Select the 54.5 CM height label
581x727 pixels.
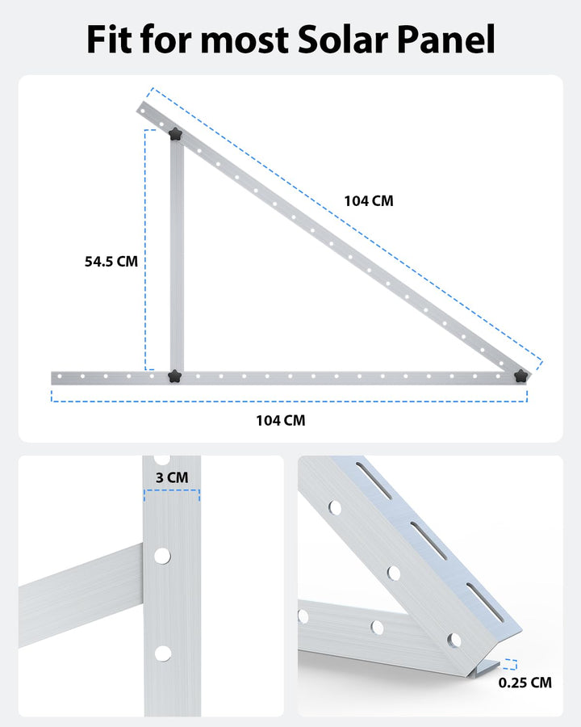coord(111,262)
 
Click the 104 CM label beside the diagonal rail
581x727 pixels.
coord(369,201)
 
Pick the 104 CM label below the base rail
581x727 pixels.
coord(281,420)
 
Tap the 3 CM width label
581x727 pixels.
coord(171,477)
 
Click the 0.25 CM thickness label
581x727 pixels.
coord(525,683)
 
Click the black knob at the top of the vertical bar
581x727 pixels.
coord(175,134)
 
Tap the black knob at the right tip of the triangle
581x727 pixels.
coord(521,375)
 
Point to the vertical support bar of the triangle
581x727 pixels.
coord(177,258)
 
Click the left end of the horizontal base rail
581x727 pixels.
coord(56,377)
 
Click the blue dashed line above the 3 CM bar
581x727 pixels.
coord(171,490)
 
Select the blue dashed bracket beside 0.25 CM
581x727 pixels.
coord(509,665)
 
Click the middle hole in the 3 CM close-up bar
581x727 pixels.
coord(162,555)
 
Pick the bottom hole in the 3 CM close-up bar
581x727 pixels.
coord(162,653)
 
